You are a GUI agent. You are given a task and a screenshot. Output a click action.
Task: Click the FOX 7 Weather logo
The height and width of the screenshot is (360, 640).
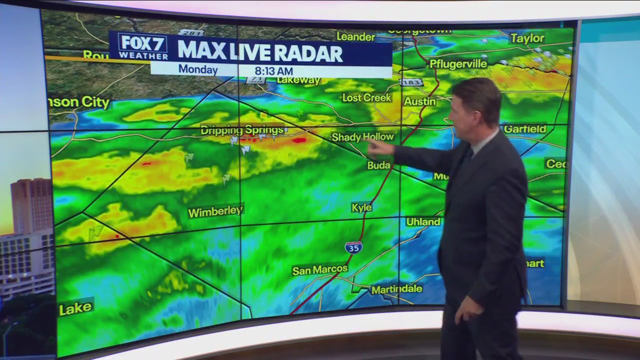[143, 46]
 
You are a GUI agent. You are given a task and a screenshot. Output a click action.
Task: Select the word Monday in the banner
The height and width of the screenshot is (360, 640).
[198, 69]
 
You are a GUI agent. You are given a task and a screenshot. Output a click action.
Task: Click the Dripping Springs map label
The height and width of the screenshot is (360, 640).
[242, 130]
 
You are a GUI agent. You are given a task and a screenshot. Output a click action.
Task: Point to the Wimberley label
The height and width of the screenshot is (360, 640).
[215, 211]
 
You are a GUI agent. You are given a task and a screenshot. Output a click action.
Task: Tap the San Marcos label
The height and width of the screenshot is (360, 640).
[319, 270]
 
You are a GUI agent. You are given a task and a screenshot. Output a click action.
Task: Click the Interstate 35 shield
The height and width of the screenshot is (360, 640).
[353, 247]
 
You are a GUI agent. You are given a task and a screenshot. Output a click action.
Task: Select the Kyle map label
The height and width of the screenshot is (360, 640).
[361, 207]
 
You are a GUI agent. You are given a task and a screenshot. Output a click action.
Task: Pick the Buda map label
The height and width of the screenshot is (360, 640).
[378, 165]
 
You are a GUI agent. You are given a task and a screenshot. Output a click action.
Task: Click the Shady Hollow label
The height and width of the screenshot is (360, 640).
[363, 137]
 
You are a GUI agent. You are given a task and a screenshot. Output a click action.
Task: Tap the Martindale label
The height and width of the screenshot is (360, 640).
[396, 289]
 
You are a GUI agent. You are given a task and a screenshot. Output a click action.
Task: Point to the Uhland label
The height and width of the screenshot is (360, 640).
[423, 221]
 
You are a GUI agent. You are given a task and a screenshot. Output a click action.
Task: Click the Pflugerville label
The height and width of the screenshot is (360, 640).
[458, 64]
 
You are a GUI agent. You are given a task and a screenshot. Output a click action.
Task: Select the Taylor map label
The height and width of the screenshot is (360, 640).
[527, 38]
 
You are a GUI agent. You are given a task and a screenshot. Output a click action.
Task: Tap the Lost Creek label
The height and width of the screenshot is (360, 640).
[366, 97]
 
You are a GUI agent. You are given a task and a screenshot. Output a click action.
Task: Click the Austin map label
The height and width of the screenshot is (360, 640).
[420, 101]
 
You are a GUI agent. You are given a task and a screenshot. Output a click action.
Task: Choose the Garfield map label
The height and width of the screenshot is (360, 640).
[525, 129]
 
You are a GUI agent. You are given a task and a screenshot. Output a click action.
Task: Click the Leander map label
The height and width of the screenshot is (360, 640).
[355, 36]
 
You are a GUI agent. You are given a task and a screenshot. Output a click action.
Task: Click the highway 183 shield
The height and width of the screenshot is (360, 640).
[411, 82]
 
